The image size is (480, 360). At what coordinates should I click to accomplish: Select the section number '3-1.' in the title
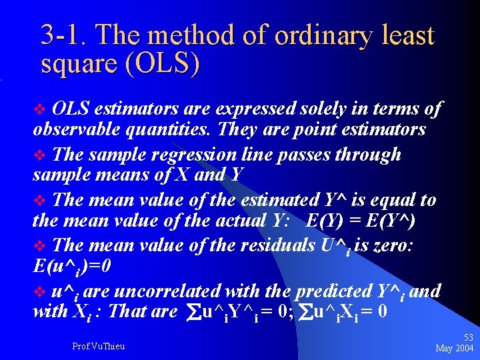coord(63,35)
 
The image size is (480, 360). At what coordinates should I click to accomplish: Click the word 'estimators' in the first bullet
coord(137,109)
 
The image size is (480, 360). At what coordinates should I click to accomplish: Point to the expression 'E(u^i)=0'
coord(73,266)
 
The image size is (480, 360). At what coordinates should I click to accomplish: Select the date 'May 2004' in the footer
coord(455,348)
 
